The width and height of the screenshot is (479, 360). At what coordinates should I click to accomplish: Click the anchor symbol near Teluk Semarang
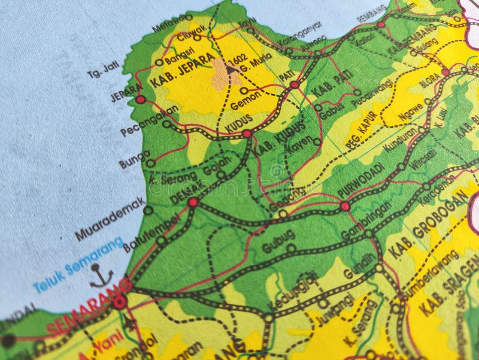coord(101,276)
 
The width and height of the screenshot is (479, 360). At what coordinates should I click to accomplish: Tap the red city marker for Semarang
coord(120,302)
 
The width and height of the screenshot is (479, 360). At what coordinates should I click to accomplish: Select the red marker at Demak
coord(193,202)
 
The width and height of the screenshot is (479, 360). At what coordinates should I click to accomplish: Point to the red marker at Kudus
coord(247,134)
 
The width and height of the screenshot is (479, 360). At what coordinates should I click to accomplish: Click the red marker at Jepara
coord(140,99)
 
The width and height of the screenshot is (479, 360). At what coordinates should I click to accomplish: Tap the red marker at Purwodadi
coord(345,206)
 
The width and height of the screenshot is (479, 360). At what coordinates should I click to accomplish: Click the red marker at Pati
coord(294,85)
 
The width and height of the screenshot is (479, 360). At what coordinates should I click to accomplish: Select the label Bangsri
coord(179,58)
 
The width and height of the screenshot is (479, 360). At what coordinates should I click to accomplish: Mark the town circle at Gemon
coord(244,90)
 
